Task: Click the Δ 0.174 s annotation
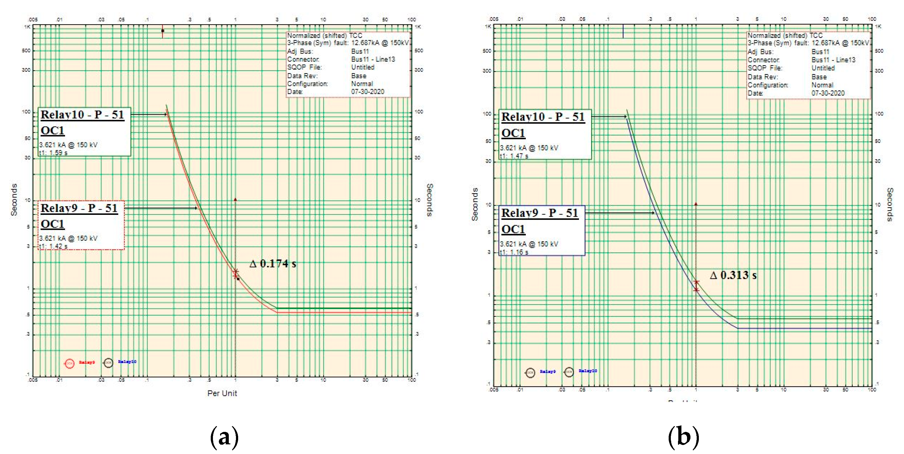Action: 273,264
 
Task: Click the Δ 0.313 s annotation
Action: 733,275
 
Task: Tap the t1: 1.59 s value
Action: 53,153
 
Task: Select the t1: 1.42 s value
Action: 53,246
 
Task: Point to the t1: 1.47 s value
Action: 514,156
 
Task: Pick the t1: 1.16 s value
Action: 514,252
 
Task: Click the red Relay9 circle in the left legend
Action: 69,363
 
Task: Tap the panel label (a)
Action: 224,437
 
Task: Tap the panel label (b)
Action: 683,437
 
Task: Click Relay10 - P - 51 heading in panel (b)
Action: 543,117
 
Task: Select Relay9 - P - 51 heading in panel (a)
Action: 79,208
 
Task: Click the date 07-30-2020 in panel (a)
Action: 367,92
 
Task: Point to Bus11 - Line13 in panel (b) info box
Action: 833,60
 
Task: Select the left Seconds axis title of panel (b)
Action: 475,204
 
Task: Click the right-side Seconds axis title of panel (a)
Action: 429,200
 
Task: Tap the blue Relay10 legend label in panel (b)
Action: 588,371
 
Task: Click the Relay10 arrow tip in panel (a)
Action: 166,115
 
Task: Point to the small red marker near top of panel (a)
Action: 162,31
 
